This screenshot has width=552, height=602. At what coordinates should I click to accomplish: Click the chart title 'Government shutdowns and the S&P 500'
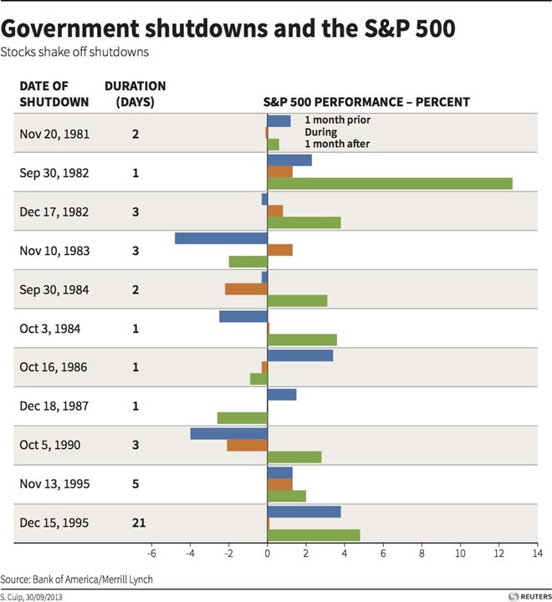[x=228, y=28]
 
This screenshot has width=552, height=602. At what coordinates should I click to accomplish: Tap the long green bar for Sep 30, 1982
[x=389, y=183]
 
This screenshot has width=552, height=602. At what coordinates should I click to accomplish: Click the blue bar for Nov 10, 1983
[x=221, y=237]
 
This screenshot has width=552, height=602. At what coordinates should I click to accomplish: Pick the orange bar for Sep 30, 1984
[x=246, y=288]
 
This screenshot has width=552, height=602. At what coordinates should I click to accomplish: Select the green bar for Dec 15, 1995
[x=313, y=535]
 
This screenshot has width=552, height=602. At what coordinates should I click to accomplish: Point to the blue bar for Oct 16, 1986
[x=299, y=355]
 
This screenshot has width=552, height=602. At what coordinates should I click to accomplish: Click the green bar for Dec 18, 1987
[x=242, y=417]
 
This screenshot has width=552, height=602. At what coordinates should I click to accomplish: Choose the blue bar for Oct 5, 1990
[x=228, y=433]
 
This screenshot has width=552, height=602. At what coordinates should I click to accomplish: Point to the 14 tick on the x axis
[x=537, y=554]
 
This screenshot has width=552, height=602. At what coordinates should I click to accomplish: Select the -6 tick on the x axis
[x=152, y=554]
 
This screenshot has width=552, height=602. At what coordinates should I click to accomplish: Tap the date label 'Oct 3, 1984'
[x=48, y=328]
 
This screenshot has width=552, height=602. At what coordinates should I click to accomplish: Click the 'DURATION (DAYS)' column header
[x=135, y=94]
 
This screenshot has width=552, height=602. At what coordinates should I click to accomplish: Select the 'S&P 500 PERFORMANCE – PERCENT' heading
[x=367, y=102]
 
